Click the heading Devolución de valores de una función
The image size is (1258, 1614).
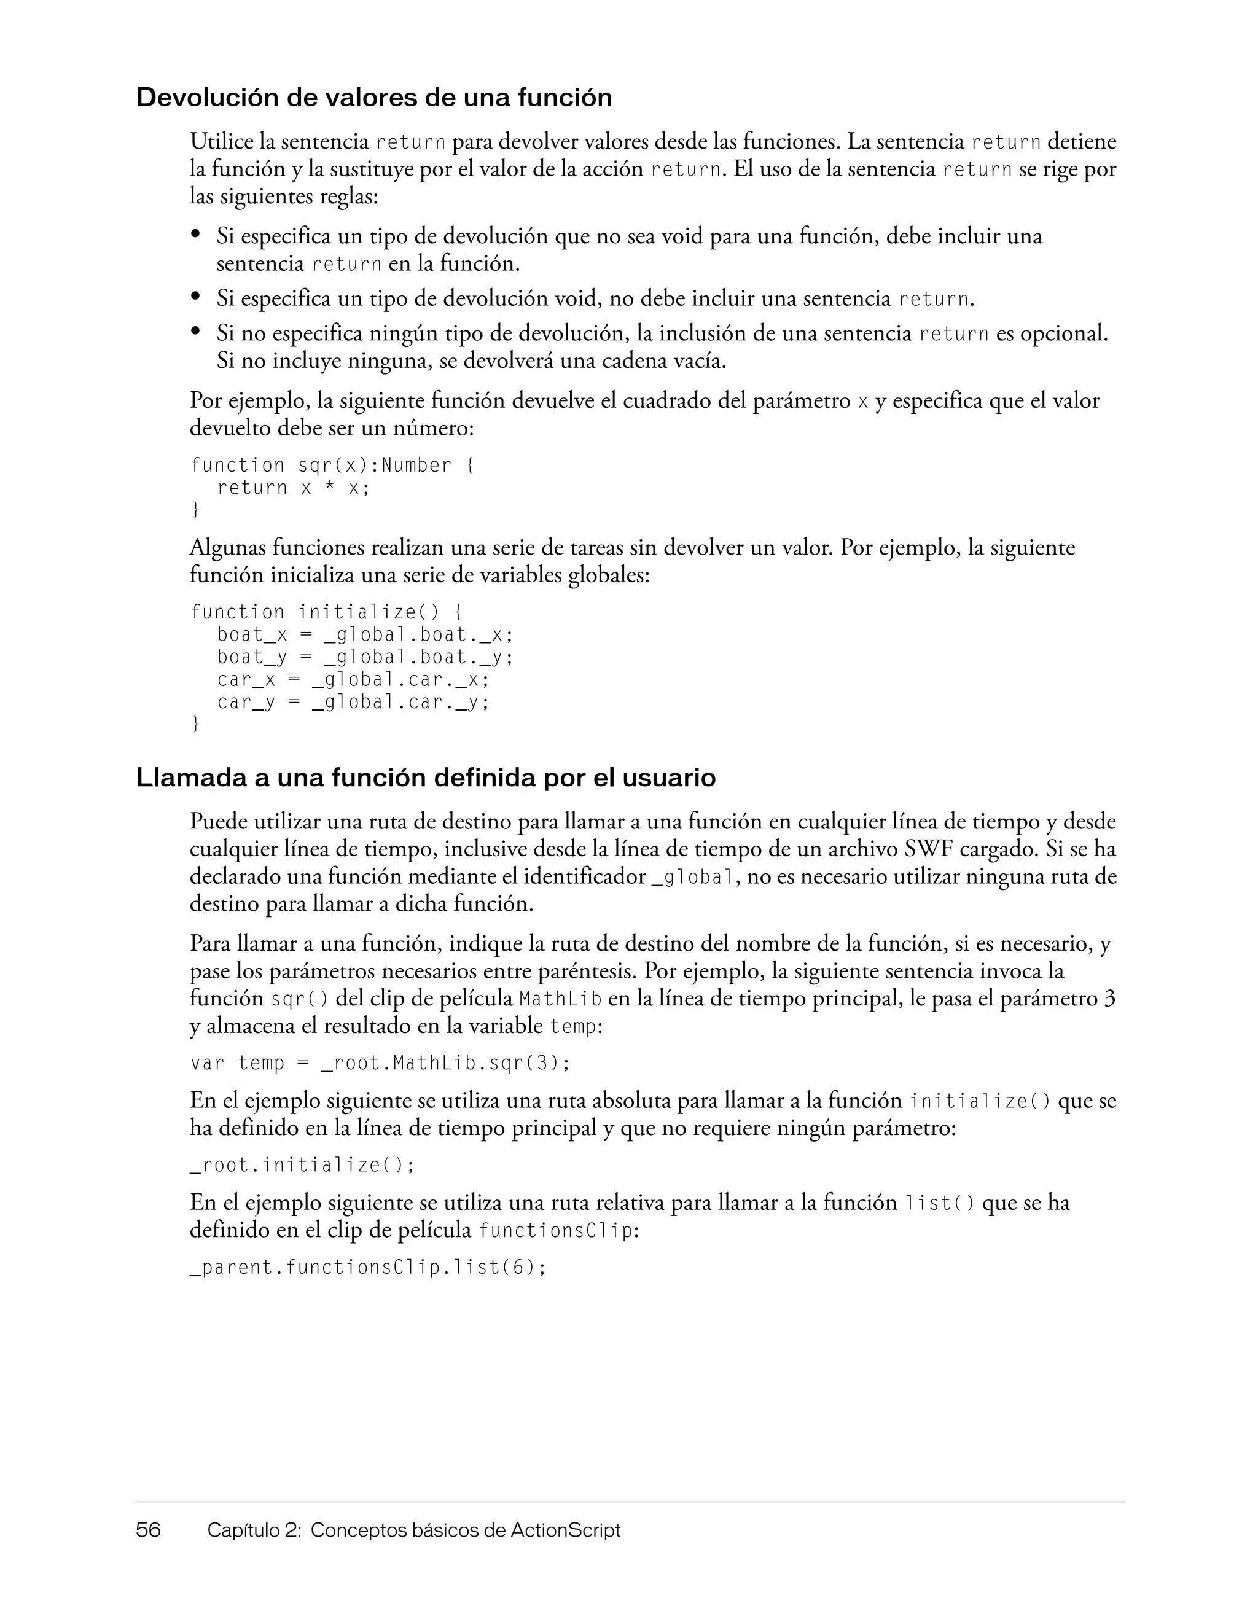[373, 98]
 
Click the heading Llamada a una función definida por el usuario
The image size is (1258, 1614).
[425, 778]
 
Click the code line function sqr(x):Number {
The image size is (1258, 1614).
[331, 466]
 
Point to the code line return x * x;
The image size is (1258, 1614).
[293, 488]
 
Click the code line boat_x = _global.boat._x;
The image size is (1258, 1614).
[364, 635]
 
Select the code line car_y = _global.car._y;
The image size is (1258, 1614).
[353, 701]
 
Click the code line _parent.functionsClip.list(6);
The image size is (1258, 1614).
[368, 1268]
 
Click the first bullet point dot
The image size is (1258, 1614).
[196, 234]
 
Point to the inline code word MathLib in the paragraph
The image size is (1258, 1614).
[560, 1000]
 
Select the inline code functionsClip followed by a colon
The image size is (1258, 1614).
[556, 1231]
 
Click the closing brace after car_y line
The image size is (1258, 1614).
[195, 724]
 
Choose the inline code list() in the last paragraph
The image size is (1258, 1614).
[939, 1204]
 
